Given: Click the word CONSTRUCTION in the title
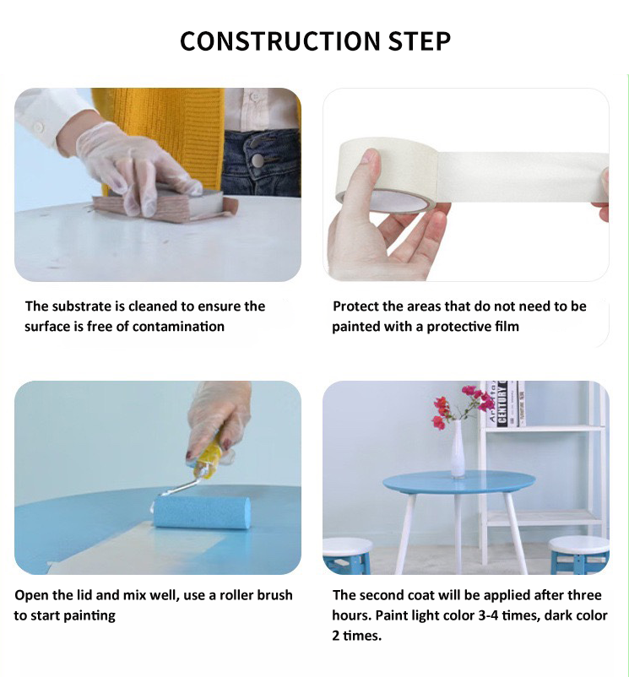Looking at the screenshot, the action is [279, 41].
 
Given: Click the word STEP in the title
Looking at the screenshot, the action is [419, 41].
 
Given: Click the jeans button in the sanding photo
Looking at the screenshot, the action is [258, 160].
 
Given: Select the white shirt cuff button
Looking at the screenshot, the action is [39, 127].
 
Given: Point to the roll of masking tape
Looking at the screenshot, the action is [388, 176].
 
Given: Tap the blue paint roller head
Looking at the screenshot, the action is [202, 512].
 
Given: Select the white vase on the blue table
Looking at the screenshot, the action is [457, 448].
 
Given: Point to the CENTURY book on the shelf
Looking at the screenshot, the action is [502, 403].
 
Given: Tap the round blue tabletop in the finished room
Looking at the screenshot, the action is [458, 482].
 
